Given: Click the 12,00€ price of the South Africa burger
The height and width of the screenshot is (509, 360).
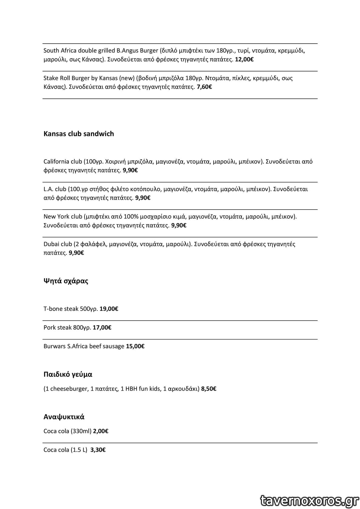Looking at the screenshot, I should [244, 59].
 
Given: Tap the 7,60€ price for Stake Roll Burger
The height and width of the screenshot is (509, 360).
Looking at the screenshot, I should [204, 87].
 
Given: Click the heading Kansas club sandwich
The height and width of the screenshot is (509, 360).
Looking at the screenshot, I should [79, 134].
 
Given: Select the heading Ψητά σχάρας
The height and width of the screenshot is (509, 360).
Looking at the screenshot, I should [66, 281].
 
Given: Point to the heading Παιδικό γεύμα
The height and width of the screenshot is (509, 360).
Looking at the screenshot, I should [68, 375].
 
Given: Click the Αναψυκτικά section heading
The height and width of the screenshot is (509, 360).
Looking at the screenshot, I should [64, 417].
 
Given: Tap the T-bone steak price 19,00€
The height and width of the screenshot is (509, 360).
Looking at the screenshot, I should [109, 309].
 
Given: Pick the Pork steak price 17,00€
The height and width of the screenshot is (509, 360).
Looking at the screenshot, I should [102, 327].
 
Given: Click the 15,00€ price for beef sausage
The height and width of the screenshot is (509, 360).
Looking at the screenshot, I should [135, 346].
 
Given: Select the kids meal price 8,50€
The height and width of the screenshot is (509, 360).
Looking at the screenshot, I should [209, 389].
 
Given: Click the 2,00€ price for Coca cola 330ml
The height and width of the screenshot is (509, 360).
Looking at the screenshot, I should [101, 431].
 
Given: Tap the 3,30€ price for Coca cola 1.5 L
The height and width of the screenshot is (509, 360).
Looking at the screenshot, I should [98, 450].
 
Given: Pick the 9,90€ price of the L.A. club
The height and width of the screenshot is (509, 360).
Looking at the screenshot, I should [143, 198].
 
